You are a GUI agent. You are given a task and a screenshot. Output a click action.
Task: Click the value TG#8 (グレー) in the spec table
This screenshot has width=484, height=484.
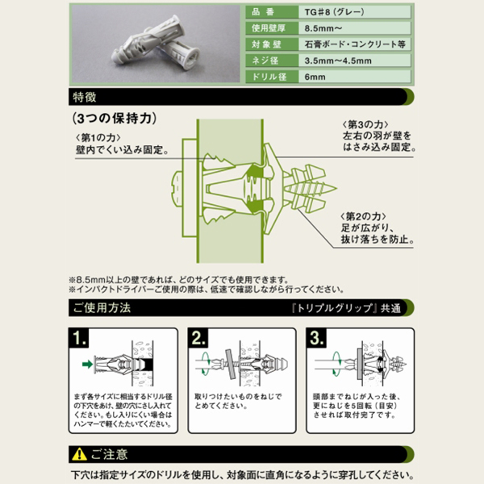pyautogui.click(x=334, y=12)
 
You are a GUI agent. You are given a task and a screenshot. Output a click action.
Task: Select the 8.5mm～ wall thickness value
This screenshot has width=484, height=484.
pyautogui.click(x=323, y=28)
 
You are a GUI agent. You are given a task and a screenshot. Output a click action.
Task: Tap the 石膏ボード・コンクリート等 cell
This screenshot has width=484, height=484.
pyautogui.click(x=355, y=44)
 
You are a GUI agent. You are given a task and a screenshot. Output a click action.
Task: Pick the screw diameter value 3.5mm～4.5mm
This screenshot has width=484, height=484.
pyautogui.click(x=338, y=60)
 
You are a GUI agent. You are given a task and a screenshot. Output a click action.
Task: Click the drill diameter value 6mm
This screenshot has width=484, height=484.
pyautogui.click(x=315, y=77)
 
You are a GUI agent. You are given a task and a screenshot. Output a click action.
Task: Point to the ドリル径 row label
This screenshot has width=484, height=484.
pyautogui.click(x=269, y=77)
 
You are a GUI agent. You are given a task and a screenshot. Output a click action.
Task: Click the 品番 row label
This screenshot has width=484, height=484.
pyautogui.click(x=263, y=12)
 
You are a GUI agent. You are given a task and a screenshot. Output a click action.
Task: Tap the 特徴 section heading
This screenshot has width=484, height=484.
pyautogui.click(x=85, y=97)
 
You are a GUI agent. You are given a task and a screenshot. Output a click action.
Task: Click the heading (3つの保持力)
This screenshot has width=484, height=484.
pyautogui.click(x=115, y=119)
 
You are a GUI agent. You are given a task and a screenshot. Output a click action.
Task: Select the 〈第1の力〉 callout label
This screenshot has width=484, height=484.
pyautogui.click(x=98, y=138)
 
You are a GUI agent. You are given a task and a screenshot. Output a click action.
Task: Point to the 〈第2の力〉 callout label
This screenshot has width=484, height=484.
pyautogui.click(x=363, y=216)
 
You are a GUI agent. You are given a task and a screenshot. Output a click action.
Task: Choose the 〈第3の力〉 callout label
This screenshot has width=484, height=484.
pyautogui.click(x=365, y=124)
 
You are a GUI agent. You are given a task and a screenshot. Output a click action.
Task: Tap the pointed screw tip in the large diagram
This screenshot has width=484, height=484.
pyautogui.click(x=332, y=188)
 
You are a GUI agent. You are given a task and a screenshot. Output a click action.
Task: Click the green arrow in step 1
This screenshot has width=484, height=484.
pyautogui.click(x=88, y=365)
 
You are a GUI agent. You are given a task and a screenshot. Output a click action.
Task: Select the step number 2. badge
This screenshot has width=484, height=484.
pyautogui.click(x=198, y=338)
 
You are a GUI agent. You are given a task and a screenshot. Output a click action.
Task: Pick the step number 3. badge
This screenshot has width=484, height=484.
pyautogui.click(x=316, y=338)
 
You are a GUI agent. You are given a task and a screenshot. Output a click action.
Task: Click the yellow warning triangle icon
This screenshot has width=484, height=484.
pyautogui.click(x=79, y=454)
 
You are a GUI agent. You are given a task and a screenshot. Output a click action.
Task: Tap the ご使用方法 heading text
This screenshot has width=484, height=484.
pyautogui.click(x=102, y=308)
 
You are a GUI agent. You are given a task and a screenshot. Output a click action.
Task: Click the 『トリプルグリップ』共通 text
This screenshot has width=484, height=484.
pyautogui.click(x=346, y=308)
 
